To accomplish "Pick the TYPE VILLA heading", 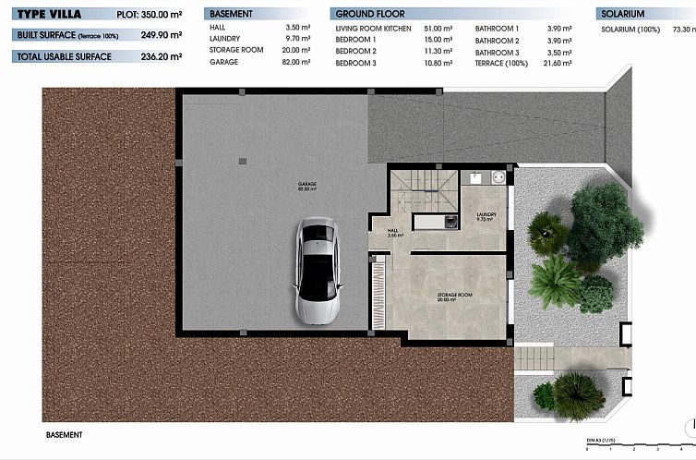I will (49, 15).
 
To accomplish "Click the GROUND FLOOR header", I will (370, 15).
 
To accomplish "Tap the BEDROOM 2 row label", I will (355, 51).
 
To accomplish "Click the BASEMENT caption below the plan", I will (65, 434).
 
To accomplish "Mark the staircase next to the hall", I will (424, 191).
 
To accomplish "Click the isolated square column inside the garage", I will (242, 161).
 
